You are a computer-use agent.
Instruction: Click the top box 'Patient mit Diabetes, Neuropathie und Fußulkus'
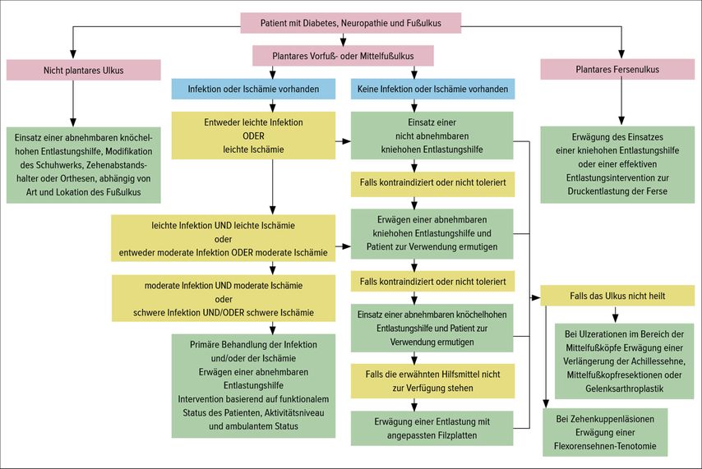pos(350,23)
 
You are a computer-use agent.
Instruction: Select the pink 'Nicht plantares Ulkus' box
pos(83,71)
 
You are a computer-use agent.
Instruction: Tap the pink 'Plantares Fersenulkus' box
pos(617,69)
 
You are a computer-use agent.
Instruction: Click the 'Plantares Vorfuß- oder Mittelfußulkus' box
pos(343,56)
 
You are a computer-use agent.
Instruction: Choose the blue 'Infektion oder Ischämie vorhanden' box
pos(253,89)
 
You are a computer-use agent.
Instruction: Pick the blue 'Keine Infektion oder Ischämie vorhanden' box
pos(432,89)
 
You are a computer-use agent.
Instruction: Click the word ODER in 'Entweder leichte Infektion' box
pos(253,136)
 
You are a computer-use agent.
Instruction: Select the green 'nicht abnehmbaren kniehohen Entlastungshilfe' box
pos(432,136)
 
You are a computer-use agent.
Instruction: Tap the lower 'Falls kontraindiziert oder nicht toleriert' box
pos(432,282)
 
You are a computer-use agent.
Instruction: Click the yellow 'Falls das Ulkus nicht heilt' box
pos(617,296)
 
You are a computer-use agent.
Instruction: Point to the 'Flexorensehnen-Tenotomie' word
pos(605,446)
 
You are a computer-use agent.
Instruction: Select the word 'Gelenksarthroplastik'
pos(625,389)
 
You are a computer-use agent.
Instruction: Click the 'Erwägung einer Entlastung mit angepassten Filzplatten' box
pos(432,428)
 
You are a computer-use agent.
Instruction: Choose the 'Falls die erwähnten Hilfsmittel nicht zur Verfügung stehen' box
pos(432,381)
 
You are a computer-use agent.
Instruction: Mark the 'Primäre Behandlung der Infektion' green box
pos(253,385)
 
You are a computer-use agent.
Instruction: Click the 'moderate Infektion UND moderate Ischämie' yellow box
pos(224,298)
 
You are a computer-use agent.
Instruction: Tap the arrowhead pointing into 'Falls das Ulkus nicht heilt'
pos(536,297)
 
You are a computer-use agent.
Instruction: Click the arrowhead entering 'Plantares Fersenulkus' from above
pos(621,54)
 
